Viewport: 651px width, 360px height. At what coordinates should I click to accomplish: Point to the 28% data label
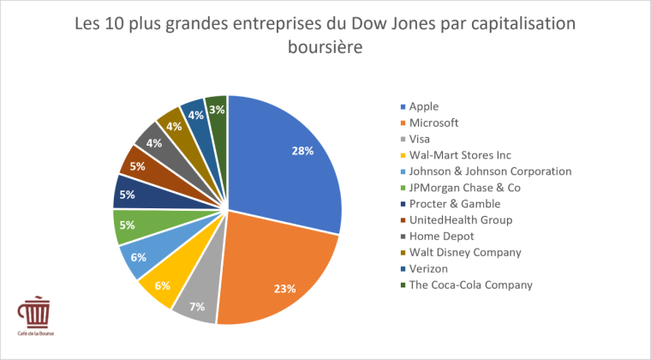point(302,150)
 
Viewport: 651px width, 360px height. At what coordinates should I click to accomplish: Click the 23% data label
point(284,289)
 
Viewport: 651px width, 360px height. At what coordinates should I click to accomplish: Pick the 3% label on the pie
point(217,110)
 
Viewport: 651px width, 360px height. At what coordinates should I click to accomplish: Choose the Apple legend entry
point(424,106)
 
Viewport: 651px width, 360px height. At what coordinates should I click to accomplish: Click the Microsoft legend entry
point(434,123)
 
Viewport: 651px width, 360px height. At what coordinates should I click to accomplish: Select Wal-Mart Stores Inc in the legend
point(460,155)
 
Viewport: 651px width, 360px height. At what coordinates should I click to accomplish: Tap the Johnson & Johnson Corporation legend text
point(490,171)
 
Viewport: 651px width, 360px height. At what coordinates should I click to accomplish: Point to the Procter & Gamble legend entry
point(455,203)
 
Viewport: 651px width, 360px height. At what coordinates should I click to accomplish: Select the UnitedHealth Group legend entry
point(461,219)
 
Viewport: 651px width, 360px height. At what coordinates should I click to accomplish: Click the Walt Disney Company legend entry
point(465,252)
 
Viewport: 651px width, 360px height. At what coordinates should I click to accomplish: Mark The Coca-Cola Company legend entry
point(471,285)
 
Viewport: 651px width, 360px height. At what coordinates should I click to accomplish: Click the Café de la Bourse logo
point(33,316)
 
